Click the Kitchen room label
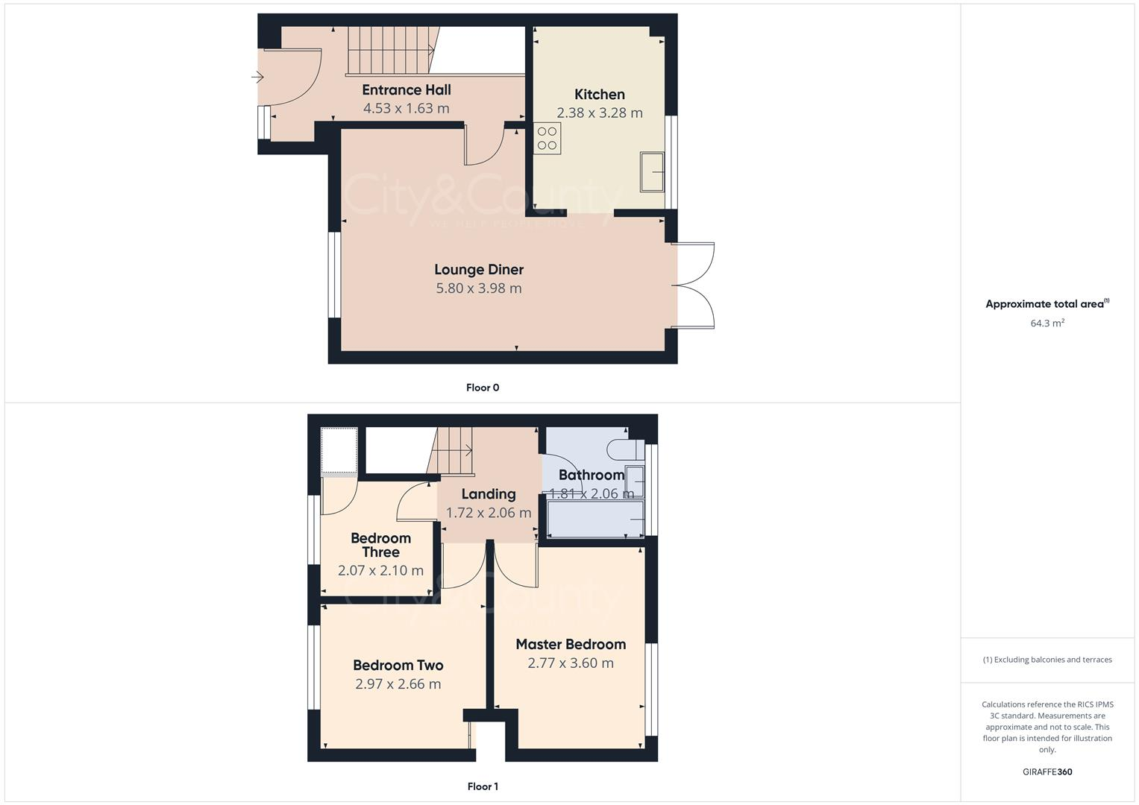coord(599,95)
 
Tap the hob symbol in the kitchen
coord(547,139)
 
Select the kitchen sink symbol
coord(652,171)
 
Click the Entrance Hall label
coord(407,90)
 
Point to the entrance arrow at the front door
coord(257,77)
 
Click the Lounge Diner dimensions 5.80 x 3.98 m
coord(479,288)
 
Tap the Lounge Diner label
coord(479,270)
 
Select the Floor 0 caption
coord(483,388)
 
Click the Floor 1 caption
coord(483,786)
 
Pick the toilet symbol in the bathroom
coord(624,449)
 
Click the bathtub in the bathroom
coord(595,519)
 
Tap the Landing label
coord(488,494)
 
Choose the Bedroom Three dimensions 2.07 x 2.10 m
coord(380,571)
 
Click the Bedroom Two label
coord(398,666)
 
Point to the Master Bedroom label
coord(571,645)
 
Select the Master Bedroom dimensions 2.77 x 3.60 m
coord(571,663)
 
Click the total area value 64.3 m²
coord(1047,323)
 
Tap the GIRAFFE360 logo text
coord(1047,772)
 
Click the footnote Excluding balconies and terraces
coord(1047,660)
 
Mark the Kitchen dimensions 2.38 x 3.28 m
coord(599,113)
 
